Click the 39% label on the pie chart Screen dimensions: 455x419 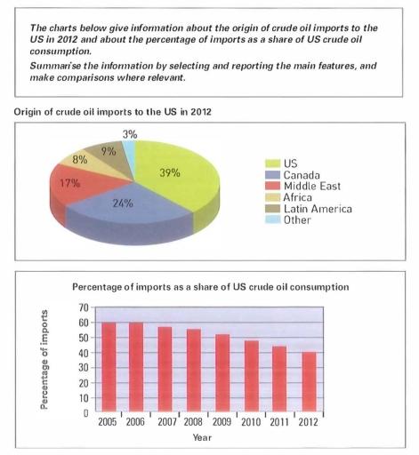coord(169,172)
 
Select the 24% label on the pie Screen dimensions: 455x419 coord(123,204)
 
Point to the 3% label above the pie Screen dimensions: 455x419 coord(130,134)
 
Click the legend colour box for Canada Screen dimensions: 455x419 coord(275,175)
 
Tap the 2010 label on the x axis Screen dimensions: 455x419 coord(251,422)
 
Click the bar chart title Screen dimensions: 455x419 coord(210,287)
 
